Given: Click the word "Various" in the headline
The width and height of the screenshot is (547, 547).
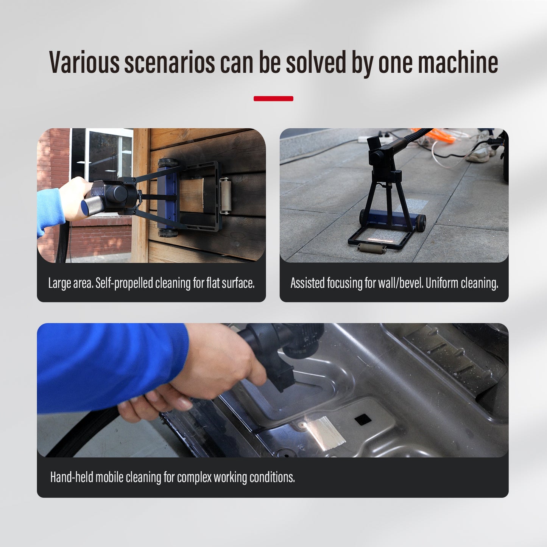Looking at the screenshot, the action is pyautogui.click(x=84, y=62).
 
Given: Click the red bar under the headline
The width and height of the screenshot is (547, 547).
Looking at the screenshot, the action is pyautogui.click(x=273, y=98).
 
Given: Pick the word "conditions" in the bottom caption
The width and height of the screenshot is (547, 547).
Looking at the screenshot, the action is pyautogui.click(x=272, y=477).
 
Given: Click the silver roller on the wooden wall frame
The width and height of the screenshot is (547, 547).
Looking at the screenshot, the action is pyautogui.click(x=225, y=196).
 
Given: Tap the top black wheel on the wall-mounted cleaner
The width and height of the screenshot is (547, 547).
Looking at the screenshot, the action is pyautogui.click(x=168, y=163).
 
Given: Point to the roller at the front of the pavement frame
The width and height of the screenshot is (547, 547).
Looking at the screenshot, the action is pyautogui.click(x=372, y=248).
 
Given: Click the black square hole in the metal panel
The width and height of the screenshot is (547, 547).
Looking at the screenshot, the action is pyautogui.click(x=363, y=419).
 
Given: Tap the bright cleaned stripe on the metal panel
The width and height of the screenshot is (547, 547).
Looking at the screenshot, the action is pyautogui.click(x=326, y=433).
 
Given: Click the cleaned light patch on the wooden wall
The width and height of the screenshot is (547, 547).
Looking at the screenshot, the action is pyautogui.click(x=192, y=195).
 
